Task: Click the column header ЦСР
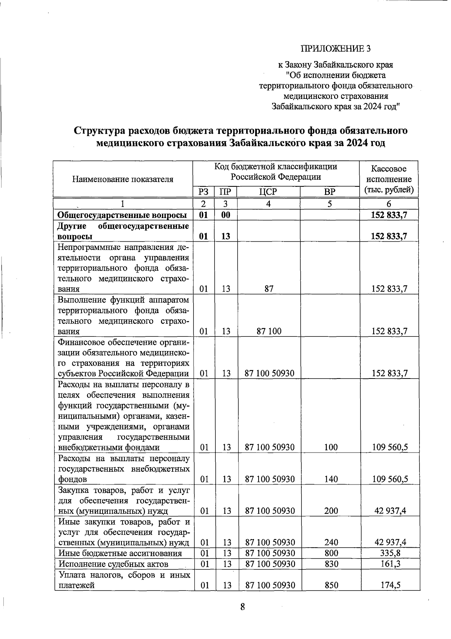click(x=268, y=192)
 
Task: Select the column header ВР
click(x=330, y=192)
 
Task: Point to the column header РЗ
click(x=203, y=192)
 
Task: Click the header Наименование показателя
click(x=123, y=179)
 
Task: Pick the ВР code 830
click(x=331, y=564)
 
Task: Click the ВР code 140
click(x=331, y=479)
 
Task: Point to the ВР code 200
click(x=331, y=511)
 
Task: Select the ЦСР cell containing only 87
click(x=268, y=289)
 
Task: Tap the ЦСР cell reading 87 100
click(x=268, y=331)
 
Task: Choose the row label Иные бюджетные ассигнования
click(x=120, y=553)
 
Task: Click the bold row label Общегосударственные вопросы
click(x=122, y=215)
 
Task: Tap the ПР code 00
click(x=225, y=215)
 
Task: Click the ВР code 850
click(x=331, y=585)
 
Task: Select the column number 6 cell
click(x=389, y=204)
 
